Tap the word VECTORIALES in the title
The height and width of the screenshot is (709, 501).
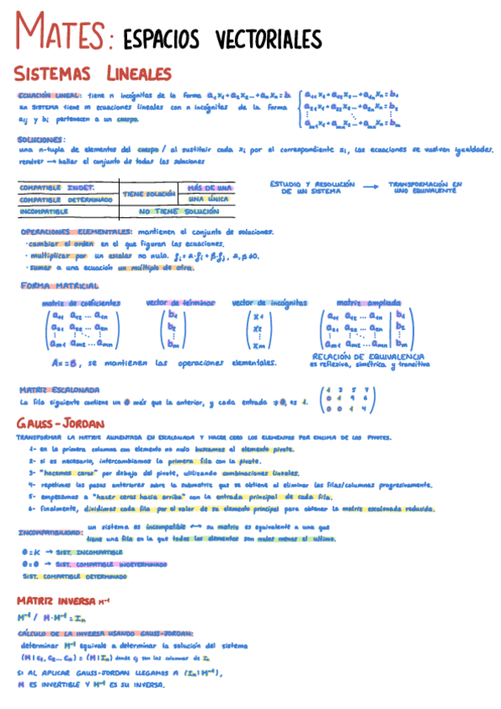click(268, 39)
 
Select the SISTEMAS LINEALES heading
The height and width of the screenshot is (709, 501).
click(93, 74)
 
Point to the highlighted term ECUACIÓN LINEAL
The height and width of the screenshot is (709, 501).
click(49, 96)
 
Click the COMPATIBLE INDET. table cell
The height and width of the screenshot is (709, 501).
click(56, 188)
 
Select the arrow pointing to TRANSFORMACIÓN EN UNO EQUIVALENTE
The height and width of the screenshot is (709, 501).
click(371, 186)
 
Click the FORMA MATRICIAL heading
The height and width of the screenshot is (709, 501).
click(60, 286)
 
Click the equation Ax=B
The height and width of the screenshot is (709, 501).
click(64, 363)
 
